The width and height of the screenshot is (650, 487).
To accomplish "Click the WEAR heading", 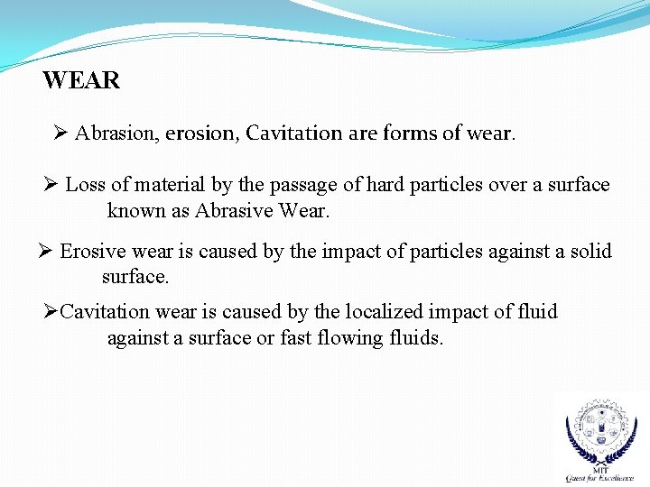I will click(81, 81).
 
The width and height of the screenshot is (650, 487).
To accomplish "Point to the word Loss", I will click(86, 186).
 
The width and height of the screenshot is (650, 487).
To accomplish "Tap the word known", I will click(135, 212).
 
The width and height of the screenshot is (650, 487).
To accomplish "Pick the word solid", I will click(590, 252).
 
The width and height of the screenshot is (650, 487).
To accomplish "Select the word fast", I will click(296, 339).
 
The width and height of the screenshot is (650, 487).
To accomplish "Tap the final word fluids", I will click(413, 339).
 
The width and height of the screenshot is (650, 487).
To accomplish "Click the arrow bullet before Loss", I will click(52, 186).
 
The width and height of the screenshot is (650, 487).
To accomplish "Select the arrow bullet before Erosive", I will click(47, 252).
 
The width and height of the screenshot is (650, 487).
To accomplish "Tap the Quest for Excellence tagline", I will click(599, 478).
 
